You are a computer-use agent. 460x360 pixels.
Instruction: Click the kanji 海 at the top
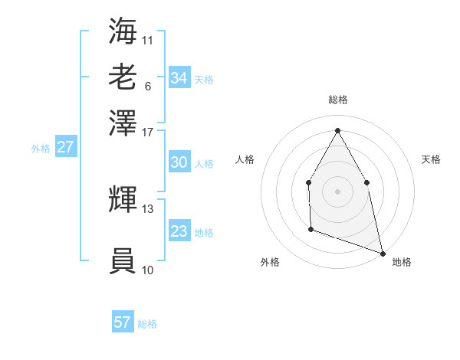(x=123, y=31)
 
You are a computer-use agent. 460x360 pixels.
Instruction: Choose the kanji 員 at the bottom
(x=123, y=261)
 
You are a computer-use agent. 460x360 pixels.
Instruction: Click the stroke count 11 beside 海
(x=148, y=39)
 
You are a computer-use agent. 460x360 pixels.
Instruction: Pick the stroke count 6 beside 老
(x=147, y=85)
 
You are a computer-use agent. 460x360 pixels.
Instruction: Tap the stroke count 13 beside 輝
(x=148, y=208)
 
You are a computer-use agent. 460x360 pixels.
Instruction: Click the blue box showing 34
(x=179, y=77)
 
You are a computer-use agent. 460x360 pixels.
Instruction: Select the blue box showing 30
(x=179, y=162)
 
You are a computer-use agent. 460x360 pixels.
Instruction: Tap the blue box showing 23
(x=179, y=231)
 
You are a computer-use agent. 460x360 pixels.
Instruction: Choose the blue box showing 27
(x=65, y=147)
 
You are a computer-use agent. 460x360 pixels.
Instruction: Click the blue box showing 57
(x=123, y=322)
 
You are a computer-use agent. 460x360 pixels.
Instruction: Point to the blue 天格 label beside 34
(x=204, y=79)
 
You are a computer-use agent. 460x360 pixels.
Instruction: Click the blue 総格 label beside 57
(x=147, y=324)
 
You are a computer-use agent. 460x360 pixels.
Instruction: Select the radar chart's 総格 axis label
(x=337, y=100)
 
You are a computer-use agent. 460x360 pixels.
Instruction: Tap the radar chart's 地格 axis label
(x=402, y=262)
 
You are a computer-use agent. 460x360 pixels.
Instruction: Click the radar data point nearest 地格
(x=382, y=253)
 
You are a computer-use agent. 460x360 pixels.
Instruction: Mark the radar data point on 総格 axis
(x=337, y=129)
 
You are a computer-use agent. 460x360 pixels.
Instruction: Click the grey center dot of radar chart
(x=337, y=191)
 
